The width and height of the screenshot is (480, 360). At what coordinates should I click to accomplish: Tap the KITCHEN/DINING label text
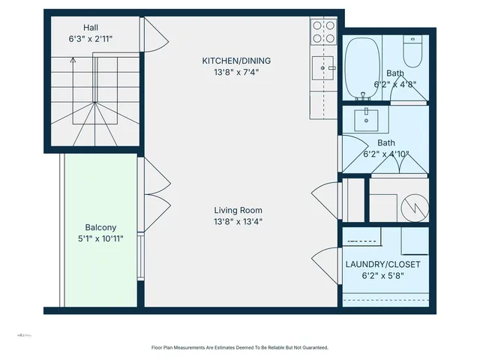point(236,61)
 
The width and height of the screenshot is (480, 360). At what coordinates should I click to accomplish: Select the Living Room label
point(238,211)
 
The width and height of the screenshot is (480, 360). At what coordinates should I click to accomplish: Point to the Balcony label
point(100,227)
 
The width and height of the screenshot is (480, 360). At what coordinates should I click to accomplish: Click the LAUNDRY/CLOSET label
point(382,265)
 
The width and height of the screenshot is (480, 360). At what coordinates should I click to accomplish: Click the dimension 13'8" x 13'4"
point(238,222)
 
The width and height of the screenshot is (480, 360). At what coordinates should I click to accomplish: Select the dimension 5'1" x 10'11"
point(100,238)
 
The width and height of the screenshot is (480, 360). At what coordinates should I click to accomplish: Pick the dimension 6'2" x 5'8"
point(382,276)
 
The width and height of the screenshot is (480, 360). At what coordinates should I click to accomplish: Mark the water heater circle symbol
point(415,205)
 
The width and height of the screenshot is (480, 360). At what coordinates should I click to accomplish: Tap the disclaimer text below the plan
point(239,347)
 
